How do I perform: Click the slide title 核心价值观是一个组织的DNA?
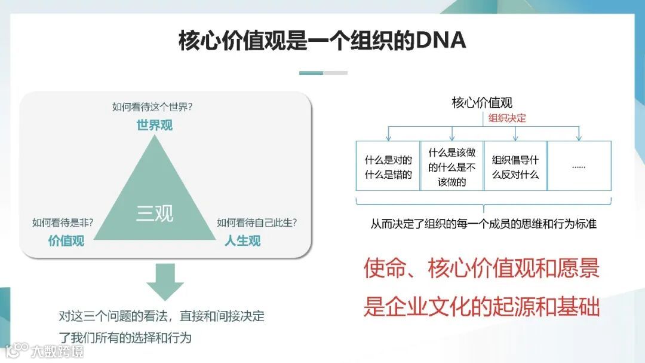pos(322,40)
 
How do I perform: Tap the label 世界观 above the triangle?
pos(154,126)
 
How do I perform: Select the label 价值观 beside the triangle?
pos(66,241)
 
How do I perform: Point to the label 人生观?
pos(242,241)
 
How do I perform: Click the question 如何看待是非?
pos(66,223)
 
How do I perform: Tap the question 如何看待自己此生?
pos(257,223)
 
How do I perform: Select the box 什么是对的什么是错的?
pos(388,167)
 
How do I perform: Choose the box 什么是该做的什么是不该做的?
pos(451,167)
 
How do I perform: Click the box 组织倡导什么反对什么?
pos(515,167)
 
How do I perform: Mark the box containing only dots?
pos(579,167)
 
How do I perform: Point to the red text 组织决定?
pos(507,118)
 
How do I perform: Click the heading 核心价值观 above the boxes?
pos(482,103)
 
